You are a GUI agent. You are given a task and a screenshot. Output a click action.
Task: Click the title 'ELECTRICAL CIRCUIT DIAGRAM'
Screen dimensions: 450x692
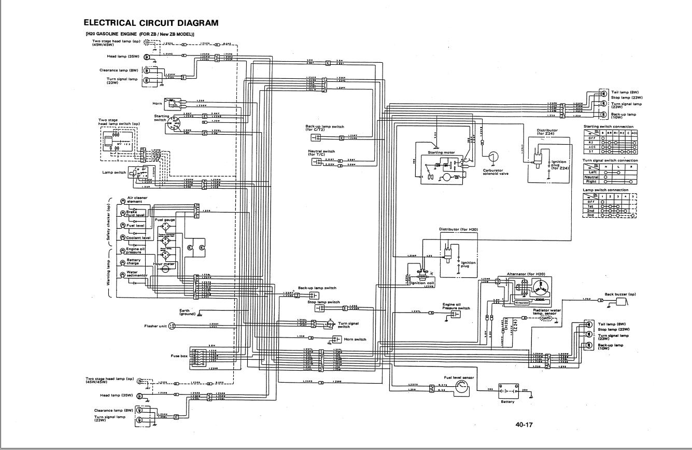(x=151, y=23)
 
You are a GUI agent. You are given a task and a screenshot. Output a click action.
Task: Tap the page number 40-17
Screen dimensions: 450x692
(x=524, y=425)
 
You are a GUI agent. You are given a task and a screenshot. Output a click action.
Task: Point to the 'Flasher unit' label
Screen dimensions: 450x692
(x=155, y=326)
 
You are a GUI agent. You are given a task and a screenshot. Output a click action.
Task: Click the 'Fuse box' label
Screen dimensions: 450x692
(x=179, y=356)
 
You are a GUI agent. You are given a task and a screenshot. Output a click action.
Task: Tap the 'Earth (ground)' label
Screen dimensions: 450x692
(x=187, y=312)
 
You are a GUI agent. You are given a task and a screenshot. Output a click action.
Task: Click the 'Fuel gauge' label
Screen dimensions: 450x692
(x=165, y=220)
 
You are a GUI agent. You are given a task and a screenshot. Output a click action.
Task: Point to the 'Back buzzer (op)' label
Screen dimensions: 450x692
(x=620, y=294)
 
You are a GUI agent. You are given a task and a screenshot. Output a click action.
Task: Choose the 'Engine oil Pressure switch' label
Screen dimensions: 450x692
(x=456, y=306)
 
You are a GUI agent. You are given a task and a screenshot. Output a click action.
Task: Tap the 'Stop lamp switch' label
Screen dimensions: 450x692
(x=323, y=302)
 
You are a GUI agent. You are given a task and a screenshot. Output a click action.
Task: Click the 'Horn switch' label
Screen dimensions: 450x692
(x=355, y=339)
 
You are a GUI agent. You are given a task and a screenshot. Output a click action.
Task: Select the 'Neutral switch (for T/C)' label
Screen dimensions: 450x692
(x=321, y=153)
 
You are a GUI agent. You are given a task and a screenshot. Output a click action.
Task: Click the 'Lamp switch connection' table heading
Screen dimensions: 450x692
(x=605, y=190)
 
